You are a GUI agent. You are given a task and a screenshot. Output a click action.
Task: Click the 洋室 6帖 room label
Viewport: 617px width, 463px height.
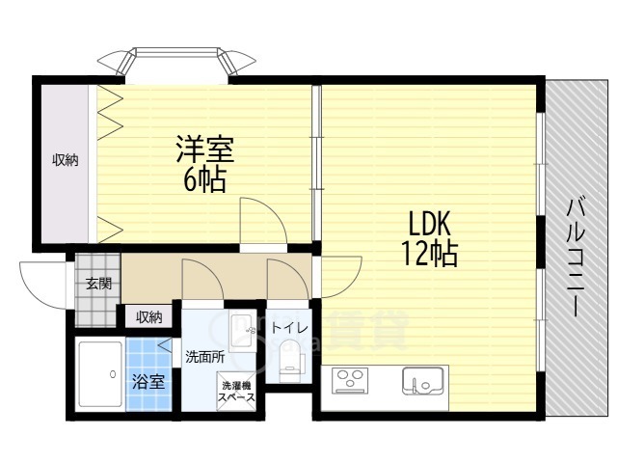205,165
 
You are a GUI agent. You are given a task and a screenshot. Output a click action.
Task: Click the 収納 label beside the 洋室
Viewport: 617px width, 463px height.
66,160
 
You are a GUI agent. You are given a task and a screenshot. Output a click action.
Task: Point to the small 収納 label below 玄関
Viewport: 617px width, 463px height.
148,316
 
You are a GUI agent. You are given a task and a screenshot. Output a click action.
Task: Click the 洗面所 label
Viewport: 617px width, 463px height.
204,356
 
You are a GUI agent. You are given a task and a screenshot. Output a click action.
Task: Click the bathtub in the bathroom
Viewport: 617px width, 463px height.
95,375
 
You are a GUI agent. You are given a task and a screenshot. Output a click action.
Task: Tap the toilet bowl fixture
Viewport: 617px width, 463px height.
288,365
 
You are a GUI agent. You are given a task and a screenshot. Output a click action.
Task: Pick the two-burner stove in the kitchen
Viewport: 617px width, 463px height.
351,381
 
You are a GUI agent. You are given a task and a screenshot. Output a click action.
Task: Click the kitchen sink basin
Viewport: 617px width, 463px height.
421,382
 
